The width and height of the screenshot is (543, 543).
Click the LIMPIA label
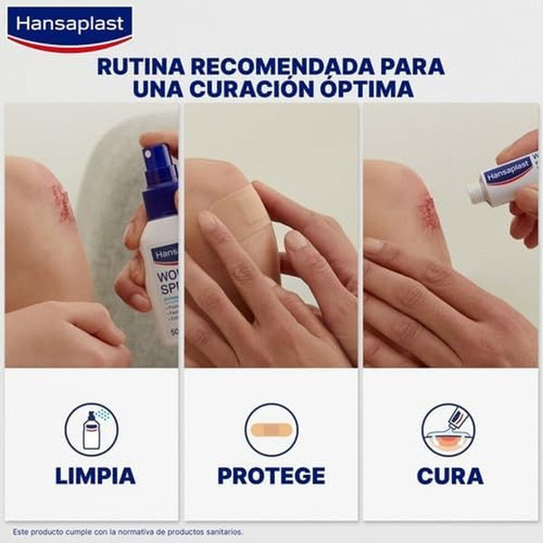(94, 475)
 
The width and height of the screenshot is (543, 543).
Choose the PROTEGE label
(271, 475)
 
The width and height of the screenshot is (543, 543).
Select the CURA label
(450, 475)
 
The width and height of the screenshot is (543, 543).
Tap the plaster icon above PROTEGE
(271, 429)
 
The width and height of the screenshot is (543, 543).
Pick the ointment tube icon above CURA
(449, 429)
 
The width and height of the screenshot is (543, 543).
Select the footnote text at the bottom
(128, 531)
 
